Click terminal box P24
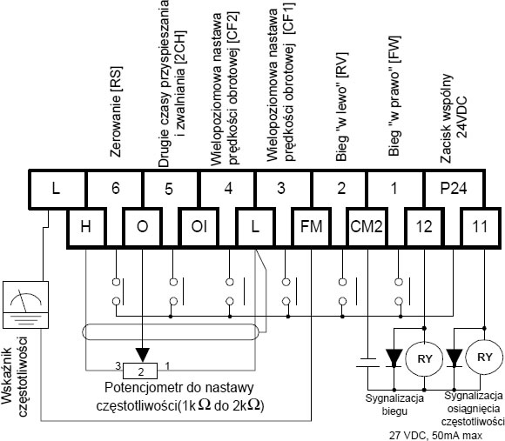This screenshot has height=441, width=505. pos(454,189)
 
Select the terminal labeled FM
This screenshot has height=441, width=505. pos(311,227)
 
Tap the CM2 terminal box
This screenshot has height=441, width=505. pos(367,227)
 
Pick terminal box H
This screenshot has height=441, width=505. pos(85,227)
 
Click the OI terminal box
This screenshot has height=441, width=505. pos(199,227)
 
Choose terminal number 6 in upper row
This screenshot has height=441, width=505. pos(115,189)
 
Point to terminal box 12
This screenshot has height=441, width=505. pos(424,227)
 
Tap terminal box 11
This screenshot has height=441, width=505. pos(480,227)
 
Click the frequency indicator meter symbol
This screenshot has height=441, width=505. pos(26,304)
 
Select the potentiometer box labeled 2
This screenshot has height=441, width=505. pos(140,371)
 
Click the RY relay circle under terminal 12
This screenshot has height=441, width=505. pos(425,358)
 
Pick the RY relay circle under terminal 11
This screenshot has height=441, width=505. pos(485,357)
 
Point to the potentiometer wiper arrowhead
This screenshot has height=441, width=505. pos(142,355)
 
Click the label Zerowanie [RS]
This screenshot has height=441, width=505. pos(116,111)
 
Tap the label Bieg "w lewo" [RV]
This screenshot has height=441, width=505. pos(341,106)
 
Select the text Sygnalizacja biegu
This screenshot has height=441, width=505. pos(394,404)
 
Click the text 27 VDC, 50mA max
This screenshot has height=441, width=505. pos(435,436)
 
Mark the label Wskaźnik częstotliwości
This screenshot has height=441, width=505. pos(14,377)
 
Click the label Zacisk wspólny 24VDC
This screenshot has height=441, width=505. pos(454,118)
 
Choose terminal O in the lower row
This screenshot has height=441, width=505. pos(142,227)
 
